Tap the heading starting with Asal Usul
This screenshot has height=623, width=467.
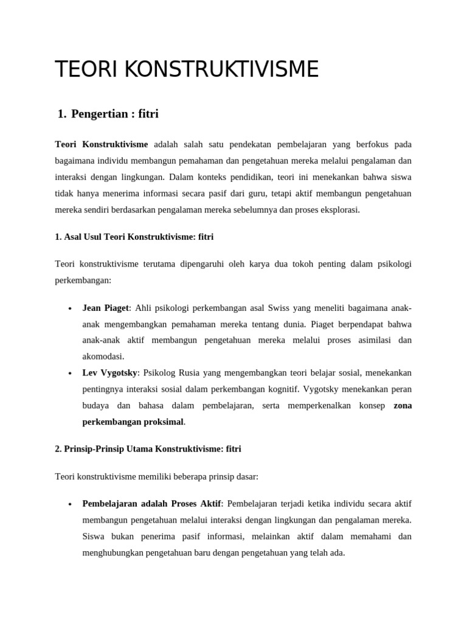(134, 237)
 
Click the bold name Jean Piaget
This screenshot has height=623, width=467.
(105, 308)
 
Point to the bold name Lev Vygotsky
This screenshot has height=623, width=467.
(111, 372)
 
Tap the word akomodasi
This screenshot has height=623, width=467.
(103, 357)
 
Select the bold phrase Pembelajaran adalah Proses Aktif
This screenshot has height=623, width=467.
(152, 504)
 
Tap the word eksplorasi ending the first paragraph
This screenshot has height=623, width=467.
(340, 209)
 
